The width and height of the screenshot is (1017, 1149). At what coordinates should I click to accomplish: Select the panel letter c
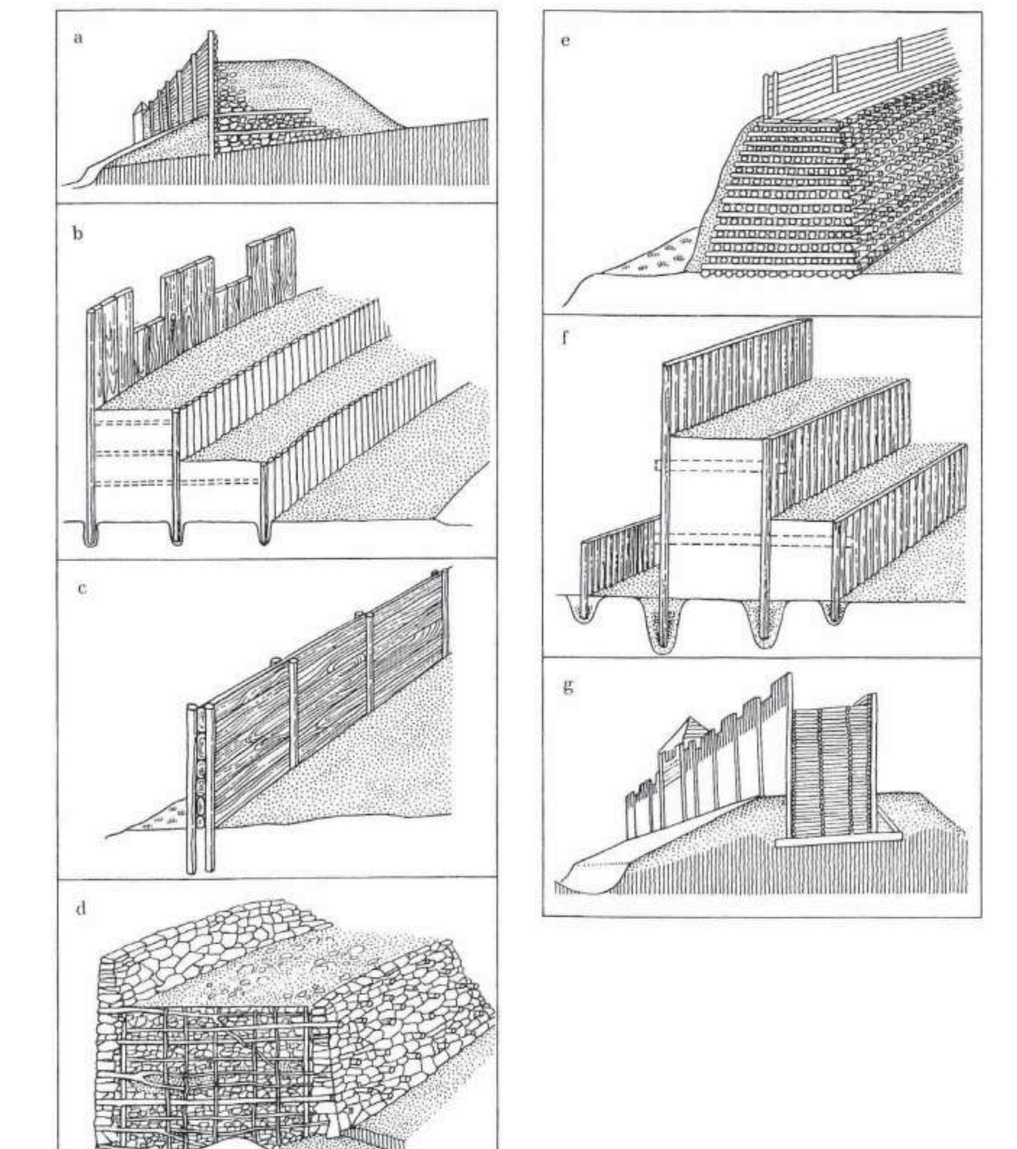(x=81, y=588)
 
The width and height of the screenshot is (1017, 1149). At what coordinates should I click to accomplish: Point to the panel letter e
(x=565, y=40)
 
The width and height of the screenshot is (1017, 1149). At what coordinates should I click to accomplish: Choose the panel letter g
(x=568, y=686)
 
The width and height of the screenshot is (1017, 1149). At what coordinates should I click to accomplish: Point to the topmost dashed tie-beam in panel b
(x=133, y=422)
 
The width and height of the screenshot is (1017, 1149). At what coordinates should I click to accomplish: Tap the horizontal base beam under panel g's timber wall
(x=837, y=842)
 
